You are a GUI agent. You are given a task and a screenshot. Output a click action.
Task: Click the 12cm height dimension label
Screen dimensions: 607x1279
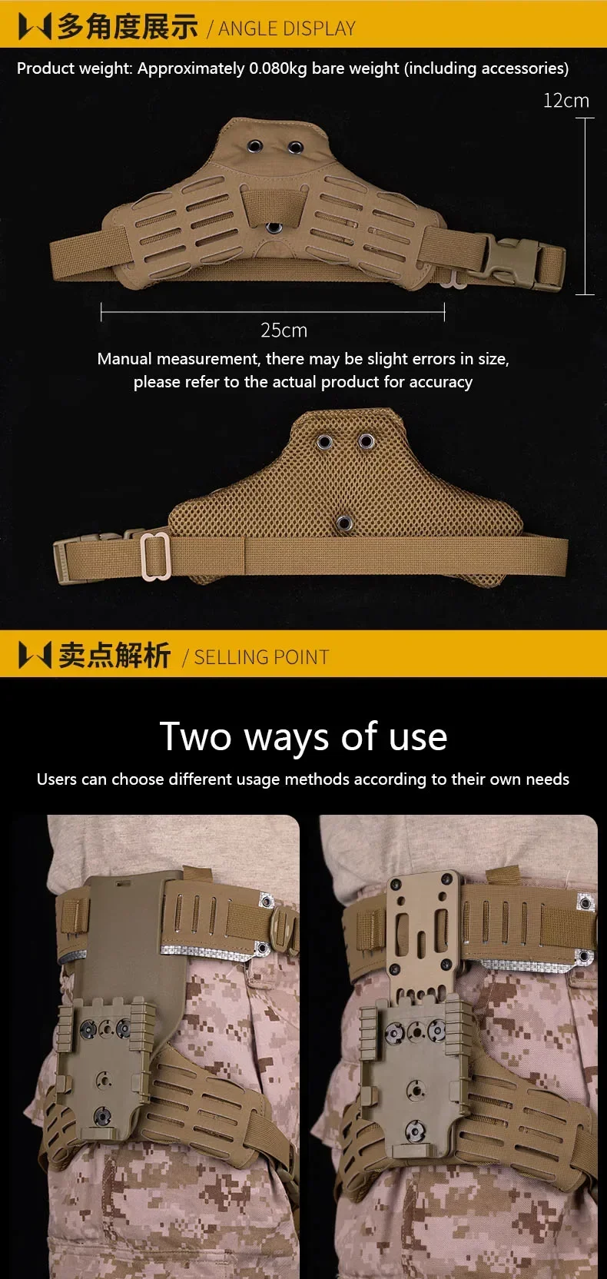point(566,101)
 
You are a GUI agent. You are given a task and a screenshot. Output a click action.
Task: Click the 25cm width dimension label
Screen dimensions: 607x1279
point(284,330)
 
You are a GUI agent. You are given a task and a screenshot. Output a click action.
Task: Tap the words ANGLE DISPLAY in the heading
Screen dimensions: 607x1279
point(287,28)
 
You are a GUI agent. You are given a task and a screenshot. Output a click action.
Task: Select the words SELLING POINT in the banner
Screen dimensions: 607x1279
point(261,657)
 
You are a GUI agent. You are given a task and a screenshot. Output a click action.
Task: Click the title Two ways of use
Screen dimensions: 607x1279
point(303,737)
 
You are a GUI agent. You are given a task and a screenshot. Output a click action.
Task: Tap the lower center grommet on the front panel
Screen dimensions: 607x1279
point(274,228)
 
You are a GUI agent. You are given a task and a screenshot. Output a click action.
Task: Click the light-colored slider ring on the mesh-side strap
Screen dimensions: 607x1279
point(155,556)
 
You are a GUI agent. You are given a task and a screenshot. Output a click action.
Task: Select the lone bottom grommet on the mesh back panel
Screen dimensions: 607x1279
point(343,523)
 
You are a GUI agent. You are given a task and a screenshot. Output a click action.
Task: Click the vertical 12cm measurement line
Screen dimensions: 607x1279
point(585,206)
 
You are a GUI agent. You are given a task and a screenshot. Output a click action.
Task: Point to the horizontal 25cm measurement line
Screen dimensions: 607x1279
point(272,312)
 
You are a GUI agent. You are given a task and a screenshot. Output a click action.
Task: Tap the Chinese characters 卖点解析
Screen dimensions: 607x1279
point(114,655)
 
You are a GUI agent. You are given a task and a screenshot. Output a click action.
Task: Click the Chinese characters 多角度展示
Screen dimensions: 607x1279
point(128,27)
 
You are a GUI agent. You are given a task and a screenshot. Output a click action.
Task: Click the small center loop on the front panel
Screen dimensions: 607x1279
point(273,205)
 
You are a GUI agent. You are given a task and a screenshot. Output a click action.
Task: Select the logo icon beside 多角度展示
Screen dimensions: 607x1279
point(35,27)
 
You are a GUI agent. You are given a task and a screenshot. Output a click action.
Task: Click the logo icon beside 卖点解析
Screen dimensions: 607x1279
point(35,655)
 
